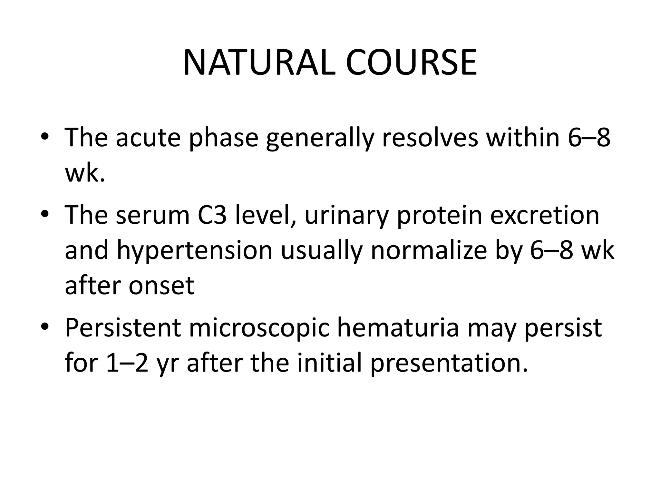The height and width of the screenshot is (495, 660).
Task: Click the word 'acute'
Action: point(148,138)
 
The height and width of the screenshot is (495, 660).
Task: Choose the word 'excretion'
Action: point(545,215)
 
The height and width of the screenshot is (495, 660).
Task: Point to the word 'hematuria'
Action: point(398,328)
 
